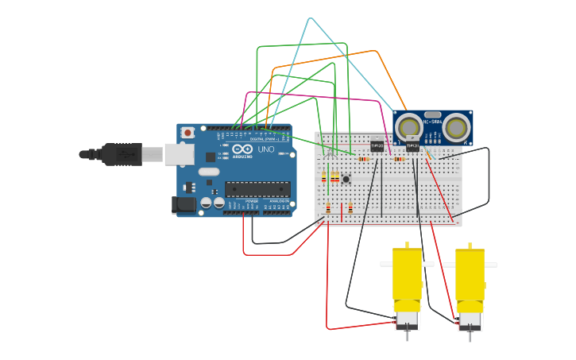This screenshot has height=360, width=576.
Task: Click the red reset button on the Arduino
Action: tap(187, 133)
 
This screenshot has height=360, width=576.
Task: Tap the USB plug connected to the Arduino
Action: tap(123, 154)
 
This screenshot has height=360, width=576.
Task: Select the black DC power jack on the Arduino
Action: tap(184, 205)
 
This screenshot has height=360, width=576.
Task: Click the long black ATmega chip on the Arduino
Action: tap(257, 189)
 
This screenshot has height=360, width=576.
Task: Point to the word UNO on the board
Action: tap(265, 149)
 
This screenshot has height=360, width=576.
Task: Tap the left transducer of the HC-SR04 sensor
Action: tap(410, 126)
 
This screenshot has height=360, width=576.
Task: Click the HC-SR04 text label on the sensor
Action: tap(433, 122)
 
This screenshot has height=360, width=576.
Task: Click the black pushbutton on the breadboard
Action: tap(346, 180)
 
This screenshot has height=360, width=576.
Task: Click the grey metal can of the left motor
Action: tap(408, 319)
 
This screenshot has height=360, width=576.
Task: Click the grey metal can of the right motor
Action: tap(470, 319)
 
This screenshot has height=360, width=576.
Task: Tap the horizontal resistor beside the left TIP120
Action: tap(364, 159)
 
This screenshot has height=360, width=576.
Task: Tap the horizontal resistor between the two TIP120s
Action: tap(399, 159)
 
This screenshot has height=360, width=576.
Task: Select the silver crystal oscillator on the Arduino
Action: tap(208, 172)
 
